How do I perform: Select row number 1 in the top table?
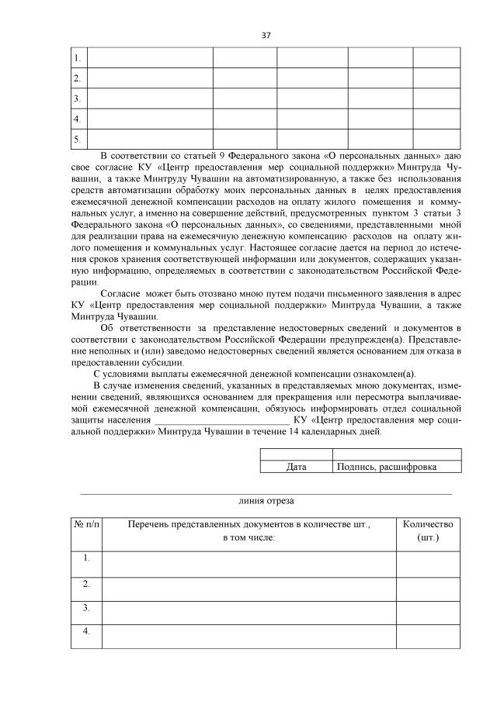pos(77,58)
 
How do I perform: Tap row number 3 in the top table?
pos(77,99)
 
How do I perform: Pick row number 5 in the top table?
pos(77,140)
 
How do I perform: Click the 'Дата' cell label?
pos(297,467)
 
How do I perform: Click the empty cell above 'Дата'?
pos(297,454)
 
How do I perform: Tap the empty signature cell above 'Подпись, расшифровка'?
pos(397,454)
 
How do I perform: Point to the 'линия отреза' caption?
pos(266,501)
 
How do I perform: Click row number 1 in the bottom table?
pos(87,558)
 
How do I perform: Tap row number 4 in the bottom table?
pos(87,631)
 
